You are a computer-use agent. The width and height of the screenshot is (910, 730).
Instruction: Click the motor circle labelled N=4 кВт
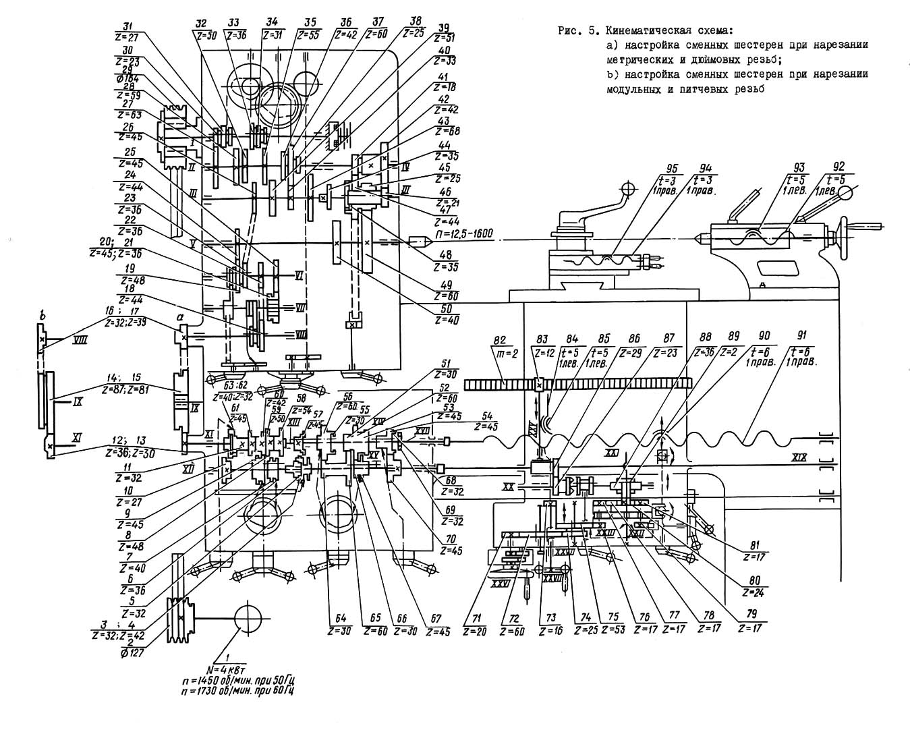pyautogui.click(x=248, y=618)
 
